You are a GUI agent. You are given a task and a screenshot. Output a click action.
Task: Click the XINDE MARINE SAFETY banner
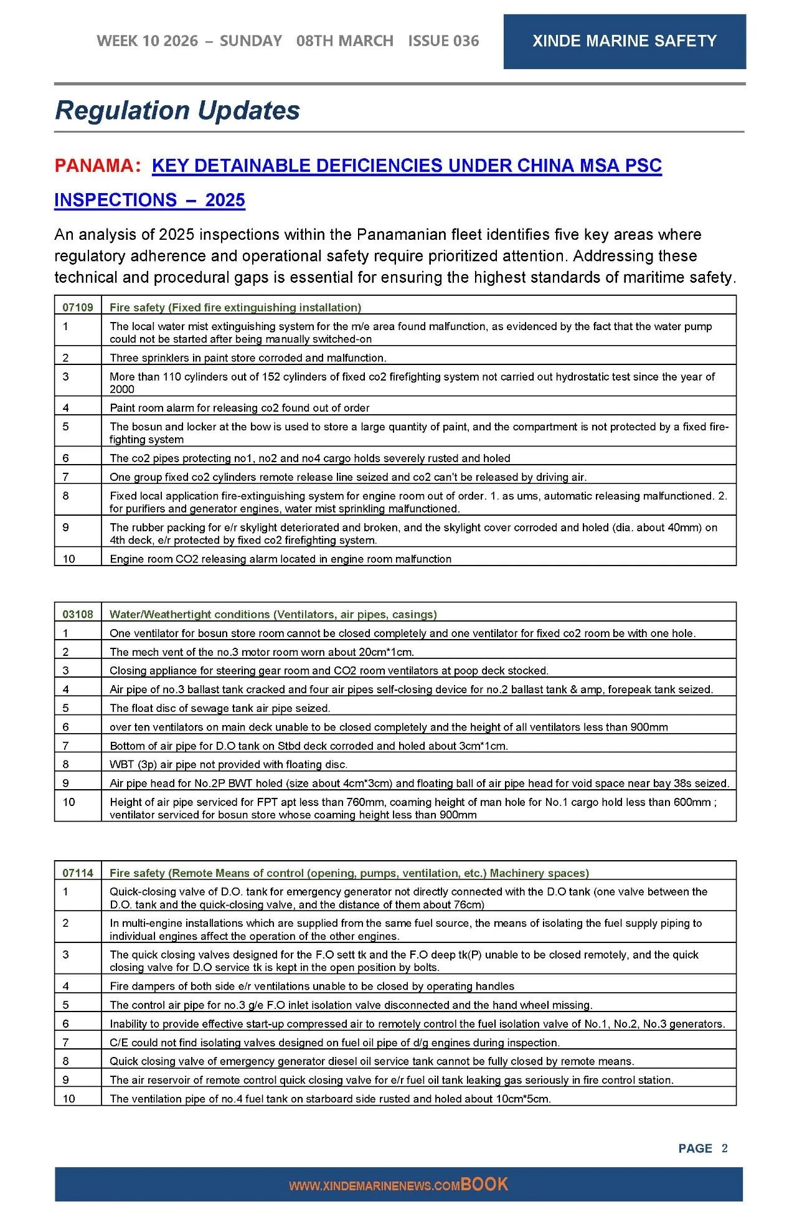click(x=624, y=41)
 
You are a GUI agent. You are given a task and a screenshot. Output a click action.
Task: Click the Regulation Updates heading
click(x=177, y=110)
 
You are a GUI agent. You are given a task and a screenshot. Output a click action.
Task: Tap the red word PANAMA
click(x=94, y=166)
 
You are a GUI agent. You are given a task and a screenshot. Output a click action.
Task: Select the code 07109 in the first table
click(x=78, y=307)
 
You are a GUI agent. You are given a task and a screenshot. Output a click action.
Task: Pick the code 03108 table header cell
click(x=78, y=614)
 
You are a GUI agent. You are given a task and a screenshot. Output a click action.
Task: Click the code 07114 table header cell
click(x=78, y=873)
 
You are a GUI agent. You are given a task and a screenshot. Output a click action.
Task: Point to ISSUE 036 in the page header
click(x=443, y=41)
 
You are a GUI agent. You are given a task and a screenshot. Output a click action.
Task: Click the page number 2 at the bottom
click(x=724, y=1148)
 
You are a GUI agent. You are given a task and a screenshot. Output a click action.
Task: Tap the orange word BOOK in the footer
click(x=484, y=1184)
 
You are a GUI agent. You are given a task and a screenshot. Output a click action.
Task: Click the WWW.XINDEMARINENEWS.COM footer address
click(x=374, y=1186)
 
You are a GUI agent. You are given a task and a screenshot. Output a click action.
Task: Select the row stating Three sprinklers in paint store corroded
click(x=248, y=358)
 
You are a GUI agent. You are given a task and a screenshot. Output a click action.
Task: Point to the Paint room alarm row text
click(x=240, y=408)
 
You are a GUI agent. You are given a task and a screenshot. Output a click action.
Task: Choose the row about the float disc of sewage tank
click(x=220, y=708)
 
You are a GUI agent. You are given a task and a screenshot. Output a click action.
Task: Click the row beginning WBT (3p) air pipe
click(x=229, y=764)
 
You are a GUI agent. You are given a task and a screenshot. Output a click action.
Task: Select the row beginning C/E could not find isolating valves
click(x=334, y=1042)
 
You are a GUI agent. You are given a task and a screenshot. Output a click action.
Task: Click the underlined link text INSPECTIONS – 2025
click(x=149, y=200)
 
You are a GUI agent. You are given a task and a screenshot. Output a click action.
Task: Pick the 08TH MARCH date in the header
click(x=344, y=41)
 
